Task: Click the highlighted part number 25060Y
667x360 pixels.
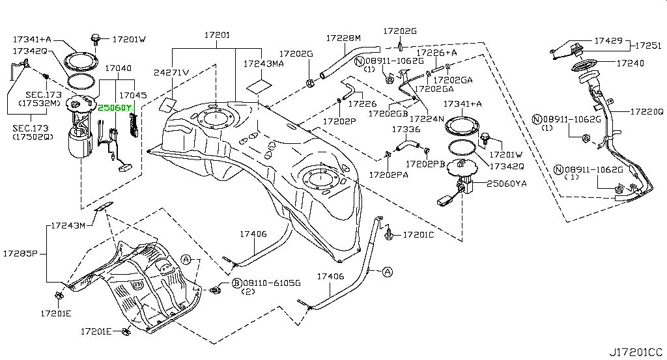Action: point(115,108)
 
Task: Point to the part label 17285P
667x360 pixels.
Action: point(20,252)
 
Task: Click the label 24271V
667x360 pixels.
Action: point(171,72)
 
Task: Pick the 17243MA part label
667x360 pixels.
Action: point(263,64)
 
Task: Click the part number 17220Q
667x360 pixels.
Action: point(646,111)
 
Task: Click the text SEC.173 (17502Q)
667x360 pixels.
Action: point(30,132)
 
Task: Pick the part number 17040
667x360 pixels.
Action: point(118,68)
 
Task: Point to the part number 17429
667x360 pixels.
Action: point(608,40)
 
